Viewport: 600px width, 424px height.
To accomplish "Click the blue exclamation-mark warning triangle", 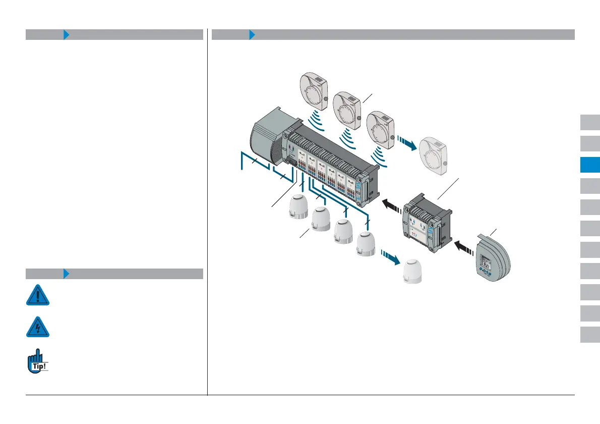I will [x=38, y=295].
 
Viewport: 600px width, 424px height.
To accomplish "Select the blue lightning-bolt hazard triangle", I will [x=38, y=327].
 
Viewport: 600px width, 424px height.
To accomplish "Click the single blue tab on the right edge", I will [x=589, y=165].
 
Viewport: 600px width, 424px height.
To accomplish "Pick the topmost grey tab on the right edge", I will [x=589, y=123].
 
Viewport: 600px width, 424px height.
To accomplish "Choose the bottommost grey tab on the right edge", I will [x=589, y=334].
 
